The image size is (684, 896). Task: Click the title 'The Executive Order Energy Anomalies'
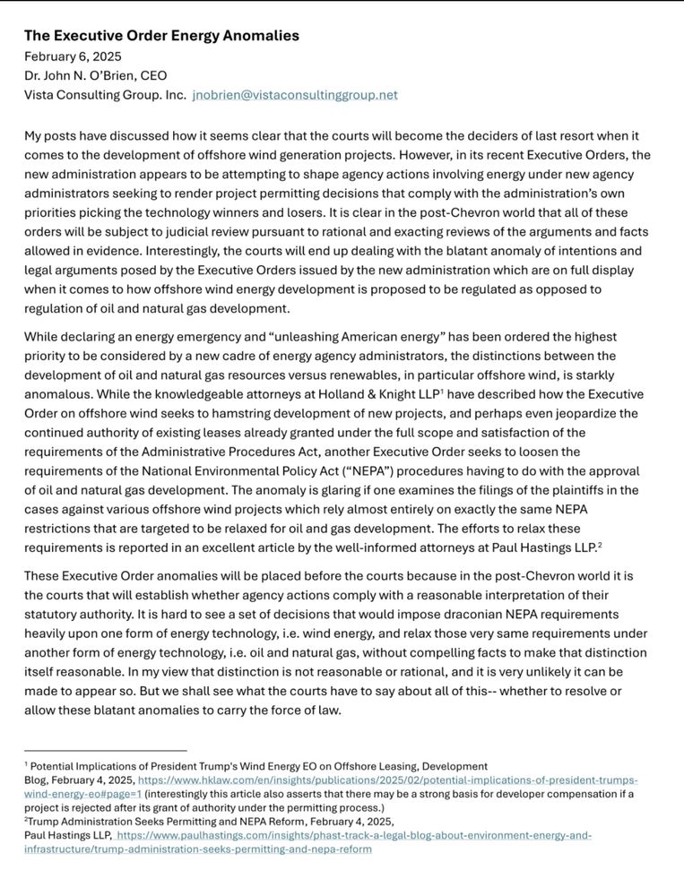tap(161, 36)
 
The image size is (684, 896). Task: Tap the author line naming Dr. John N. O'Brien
tap(95, 75)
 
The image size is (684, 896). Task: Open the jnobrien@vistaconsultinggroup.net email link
tap(295, 95)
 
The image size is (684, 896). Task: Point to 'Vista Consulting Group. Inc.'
tap(105, 95)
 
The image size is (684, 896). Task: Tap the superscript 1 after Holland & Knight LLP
tap(442, 391)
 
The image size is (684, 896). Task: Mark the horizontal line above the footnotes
tap(105, 750)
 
